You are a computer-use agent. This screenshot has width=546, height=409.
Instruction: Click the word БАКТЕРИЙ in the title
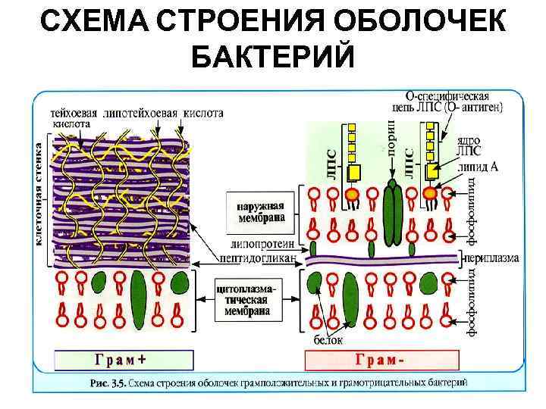pyautogui.click(x=273, y=56)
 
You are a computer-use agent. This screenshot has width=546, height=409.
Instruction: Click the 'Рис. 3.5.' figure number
pyautogui.click(x=107, y=383)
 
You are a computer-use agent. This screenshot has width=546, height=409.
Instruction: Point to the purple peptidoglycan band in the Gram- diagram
pyautogui.click(x=379, y=260)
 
